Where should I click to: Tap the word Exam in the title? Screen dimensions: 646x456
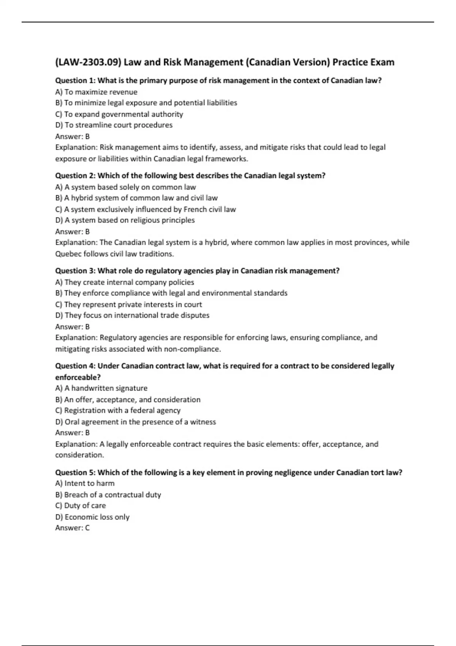[382, 62]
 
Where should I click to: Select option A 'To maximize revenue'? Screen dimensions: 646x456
[96, 92]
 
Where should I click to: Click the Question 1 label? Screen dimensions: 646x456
[75, 81]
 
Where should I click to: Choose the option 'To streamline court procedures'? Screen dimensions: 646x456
[114, 125]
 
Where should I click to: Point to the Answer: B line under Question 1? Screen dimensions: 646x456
[73, 136]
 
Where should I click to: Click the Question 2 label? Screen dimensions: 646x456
[75, 176]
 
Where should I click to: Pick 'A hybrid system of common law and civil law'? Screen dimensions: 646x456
[136, 198]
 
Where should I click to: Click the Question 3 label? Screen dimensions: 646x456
[75, 271]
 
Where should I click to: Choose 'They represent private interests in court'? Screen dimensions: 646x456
[128, 304]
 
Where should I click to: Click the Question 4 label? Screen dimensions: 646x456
[75, 366]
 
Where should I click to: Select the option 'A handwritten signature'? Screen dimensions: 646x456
[101, 388]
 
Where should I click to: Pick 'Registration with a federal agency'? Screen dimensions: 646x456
[118, 410]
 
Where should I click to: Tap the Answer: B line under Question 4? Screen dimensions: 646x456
[73, 433]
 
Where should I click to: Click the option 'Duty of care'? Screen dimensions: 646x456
[81, 506]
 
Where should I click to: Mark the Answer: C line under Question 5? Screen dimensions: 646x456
[73, 528]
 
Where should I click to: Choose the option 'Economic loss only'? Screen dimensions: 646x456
[92, 517]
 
